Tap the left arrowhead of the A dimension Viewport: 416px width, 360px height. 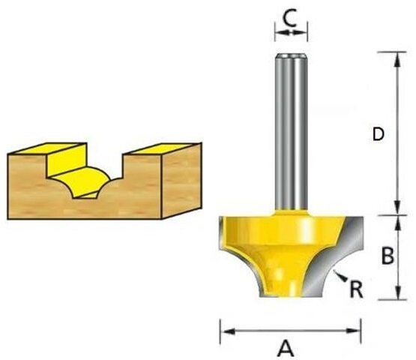[x=224, y=328]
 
